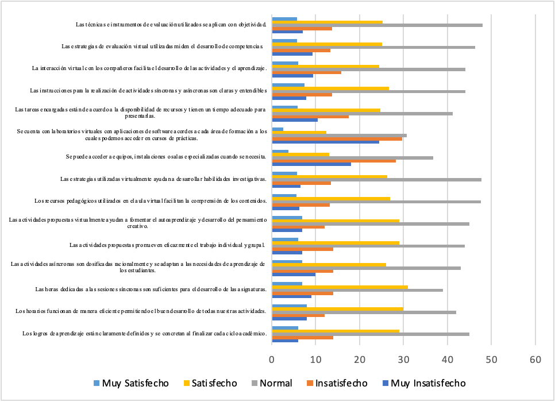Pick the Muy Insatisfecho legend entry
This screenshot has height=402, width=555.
tap(422, 383)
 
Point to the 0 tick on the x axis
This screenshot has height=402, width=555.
tap(272, 358)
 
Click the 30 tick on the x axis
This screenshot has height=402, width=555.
tap(403, 358)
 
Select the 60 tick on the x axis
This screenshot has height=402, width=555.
tap(535, 358)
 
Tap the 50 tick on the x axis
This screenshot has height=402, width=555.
tap(491, 358)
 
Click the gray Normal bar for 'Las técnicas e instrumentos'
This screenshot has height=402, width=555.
tap(377, 25)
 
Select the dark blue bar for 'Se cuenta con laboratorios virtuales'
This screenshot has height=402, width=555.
tap(325, 142)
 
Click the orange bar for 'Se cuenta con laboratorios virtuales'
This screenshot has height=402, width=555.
tap(337, 138)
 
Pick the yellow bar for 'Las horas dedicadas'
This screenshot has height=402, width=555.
tap(340, 287)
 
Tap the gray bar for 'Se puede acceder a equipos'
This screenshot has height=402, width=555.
tap(352, 157)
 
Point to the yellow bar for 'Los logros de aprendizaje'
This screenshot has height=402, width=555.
tap(336, 331)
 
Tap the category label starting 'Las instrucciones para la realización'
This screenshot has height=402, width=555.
tap(148, 91)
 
